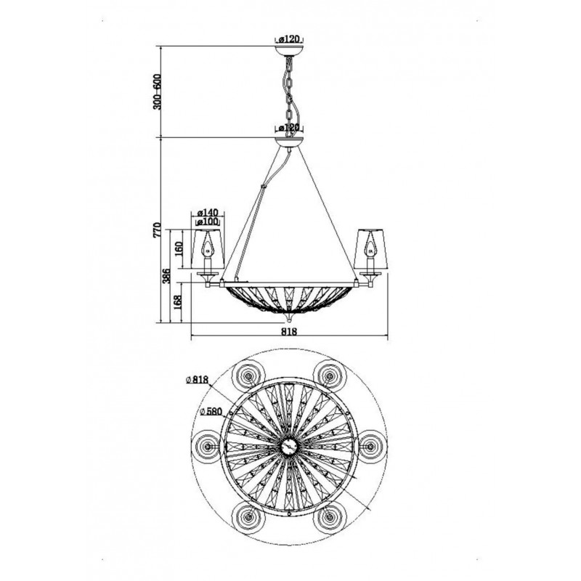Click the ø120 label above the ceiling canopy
coord(289,39)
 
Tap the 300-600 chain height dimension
coord(157,92)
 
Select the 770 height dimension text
coord(157,230)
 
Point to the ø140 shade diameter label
coord(208,213)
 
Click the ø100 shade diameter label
coord(208,222)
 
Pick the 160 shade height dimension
coord(179,249)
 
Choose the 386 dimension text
coord(167,276)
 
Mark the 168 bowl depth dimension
coord(178,302)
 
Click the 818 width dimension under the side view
coord(289,332)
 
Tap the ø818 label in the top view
coord(197,379)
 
